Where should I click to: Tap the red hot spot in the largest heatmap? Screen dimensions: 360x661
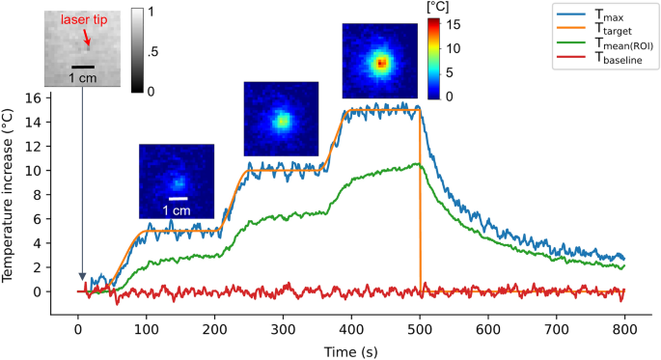click(382, 63)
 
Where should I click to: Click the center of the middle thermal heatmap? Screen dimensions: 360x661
click(281, 120)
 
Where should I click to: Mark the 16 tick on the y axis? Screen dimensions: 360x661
click(38, 97)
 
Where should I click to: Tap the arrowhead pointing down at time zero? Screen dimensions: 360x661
click(82, 278)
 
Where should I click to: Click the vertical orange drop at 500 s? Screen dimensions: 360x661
click(420, 203)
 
